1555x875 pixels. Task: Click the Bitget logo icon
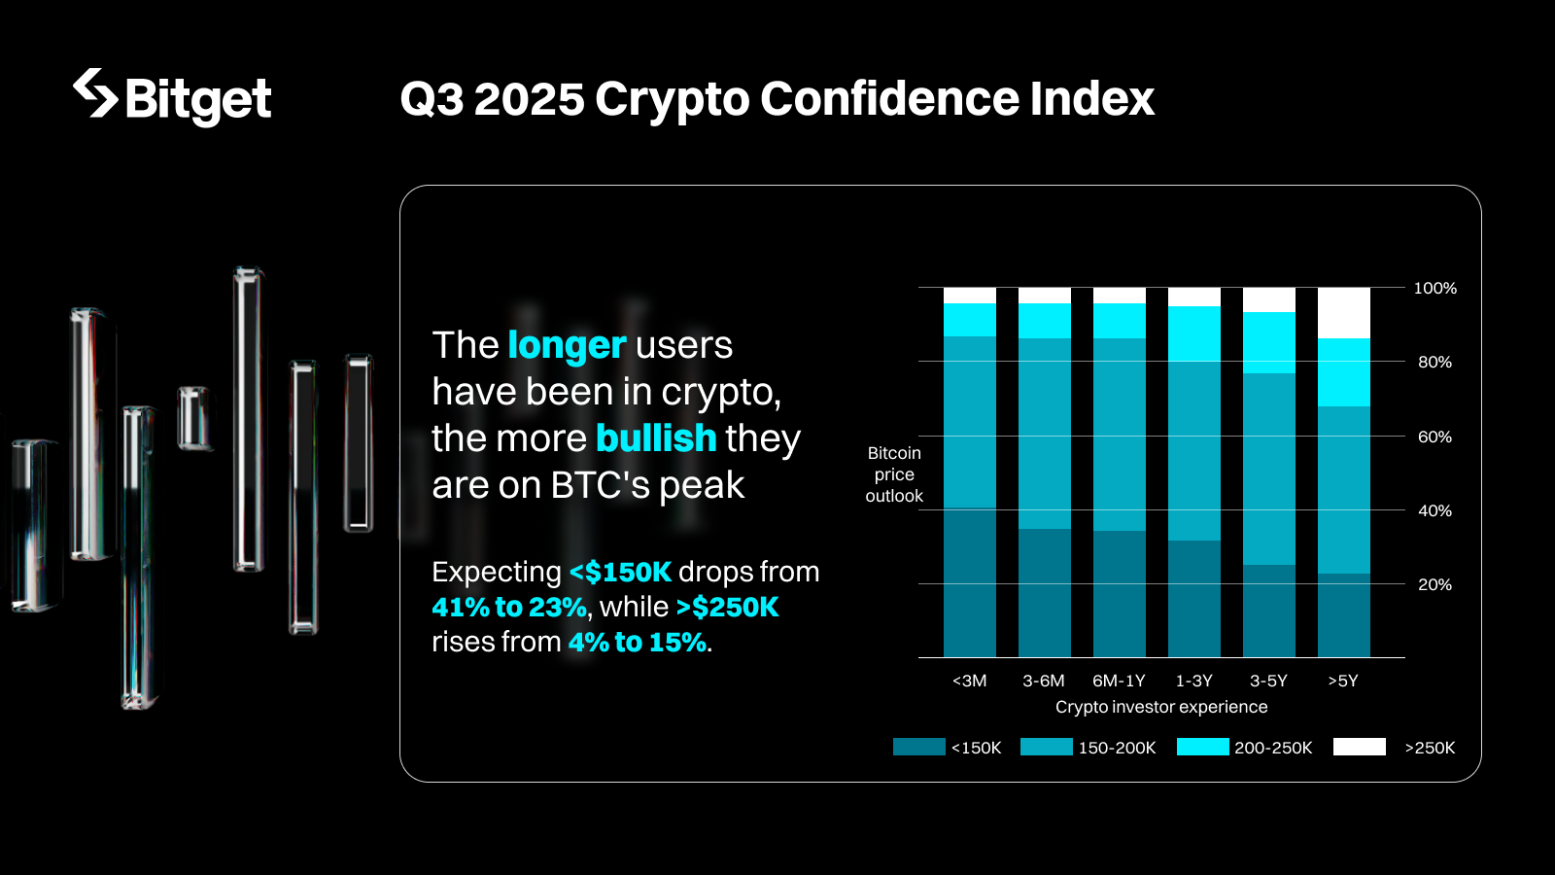click(x=95, y=93)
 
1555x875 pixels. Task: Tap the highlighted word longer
click(x=567, y=346)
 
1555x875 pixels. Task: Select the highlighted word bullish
click(x=656, y=438)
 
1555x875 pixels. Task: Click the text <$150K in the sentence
click(x=620, y=572)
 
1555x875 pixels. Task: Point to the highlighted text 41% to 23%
click(x=509, y=608)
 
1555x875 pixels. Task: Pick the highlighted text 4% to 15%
click(x=638, y=643)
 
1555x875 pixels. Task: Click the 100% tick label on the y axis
click(x=1434, y=289)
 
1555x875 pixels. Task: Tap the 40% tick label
click(x=1434, y=510)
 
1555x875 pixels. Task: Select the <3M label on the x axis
click(x=969, y=681)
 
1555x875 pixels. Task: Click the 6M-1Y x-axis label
click(x=1119, y=681)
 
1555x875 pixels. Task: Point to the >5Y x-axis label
click(x=1343, y=681)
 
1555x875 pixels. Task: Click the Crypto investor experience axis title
click(x=1161, y=707)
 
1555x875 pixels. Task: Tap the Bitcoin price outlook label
click(x=894, y=474)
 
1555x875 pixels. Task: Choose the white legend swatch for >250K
click(x=1359, y=747)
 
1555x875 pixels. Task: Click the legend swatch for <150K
click(x=918, y=747)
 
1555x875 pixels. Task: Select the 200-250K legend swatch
click(x=1202, y=747)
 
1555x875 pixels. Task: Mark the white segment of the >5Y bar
click(x=1343, y=313)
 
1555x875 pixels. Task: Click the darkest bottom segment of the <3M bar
click(x=969, y=583)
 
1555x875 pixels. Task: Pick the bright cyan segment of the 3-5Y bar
click(x=1268, y=342)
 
